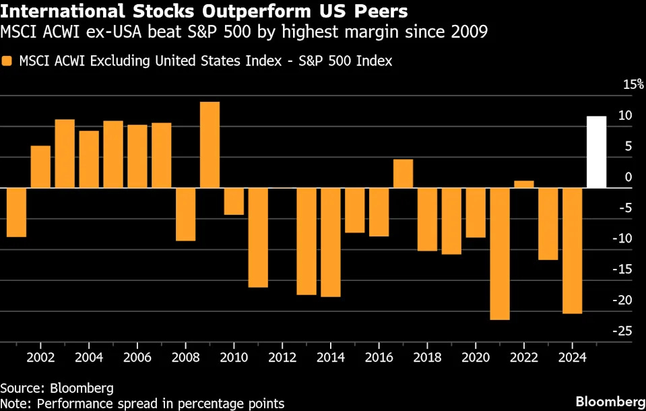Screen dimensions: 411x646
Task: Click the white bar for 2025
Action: (x=596, y=152)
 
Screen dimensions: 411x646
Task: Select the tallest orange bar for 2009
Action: (x=209, y=145)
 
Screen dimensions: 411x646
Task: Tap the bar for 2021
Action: (x=500, y=253)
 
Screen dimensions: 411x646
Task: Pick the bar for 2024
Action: (x=572, y=251)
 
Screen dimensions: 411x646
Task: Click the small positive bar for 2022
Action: (x=523, y=184)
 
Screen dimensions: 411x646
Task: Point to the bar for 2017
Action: (x=403, y=174)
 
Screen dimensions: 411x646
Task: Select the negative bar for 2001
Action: (x=16, y=212)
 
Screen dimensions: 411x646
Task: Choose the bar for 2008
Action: (x=185, y=214)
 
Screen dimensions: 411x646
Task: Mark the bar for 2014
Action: (x=330, y=242)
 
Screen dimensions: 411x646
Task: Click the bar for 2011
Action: (x=258, y=237)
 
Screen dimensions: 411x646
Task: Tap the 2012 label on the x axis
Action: (x=282, y=356)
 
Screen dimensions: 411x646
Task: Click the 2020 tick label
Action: (x=475, y=356)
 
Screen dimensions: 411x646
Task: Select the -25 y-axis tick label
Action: (x=623, y=331)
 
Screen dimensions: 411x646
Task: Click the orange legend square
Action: (x=7, y=61)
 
